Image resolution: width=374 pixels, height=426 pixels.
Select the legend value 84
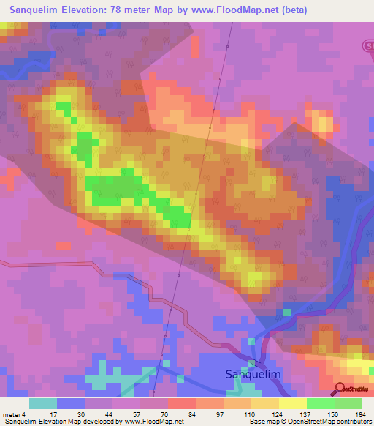(x=181, y=415)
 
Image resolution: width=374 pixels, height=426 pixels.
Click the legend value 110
(x=238, y=415)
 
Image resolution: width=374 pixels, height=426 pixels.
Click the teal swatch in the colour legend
(x=43, y=403)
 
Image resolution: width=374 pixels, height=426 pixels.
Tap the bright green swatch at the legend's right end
(x=348, y=403)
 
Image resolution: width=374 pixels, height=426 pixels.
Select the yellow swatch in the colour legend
(x=293, y=403)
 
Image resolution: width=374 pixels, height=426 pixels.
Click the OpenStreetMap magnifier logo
(x=340, y=388)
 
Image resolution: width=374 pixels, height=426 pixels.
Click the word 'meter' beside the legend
(x=12, y=415)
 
